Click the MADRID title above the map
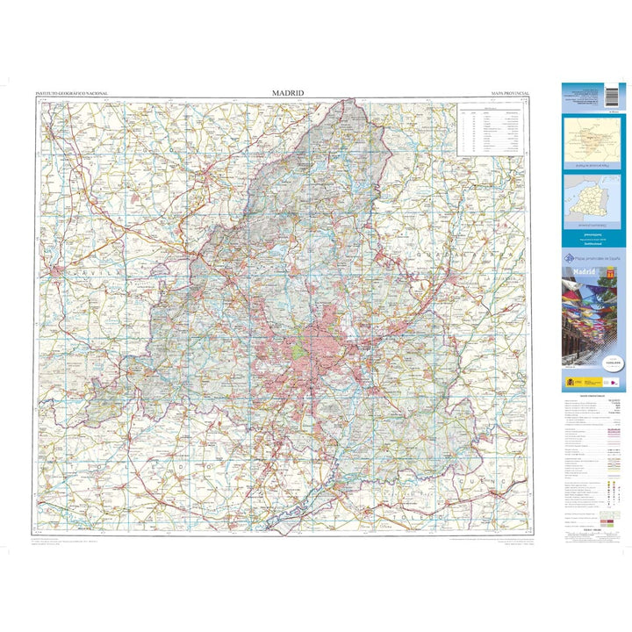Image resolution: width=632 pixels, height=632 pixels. [x=287, y=92]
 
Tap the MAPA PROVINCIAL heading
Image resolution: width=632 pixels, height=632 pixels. [x=511, y=93]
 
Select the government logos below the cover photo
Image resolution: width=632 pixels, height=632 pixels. [x=582, y=382]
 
